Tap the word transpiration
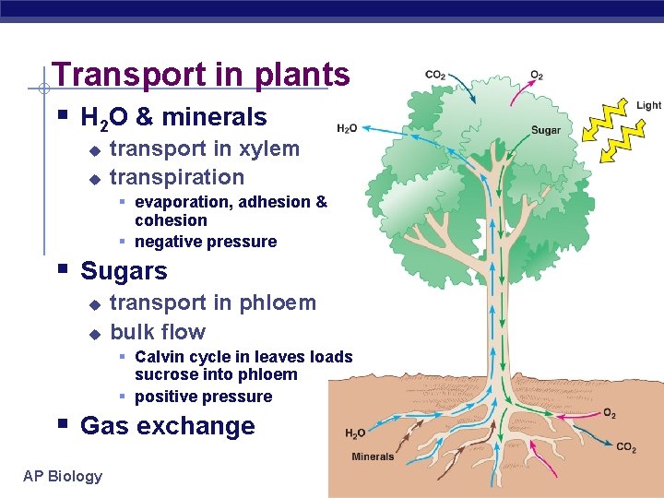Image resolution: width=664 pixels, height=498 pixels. pyautogui.click(x=177, y=177)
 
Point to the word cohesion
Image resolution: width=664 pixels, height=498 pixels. pyautogui.click(x=171, y=220)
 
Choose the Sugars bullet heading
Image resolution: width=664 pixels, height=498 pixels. pyautogui.click(x=124, y=271)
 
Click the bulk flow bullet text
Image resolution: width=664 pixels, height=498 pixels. pyautogui.click(x=158, y=332)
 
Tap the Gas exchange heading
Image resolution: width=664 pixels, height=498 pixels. pyautogui.click(x=167, y=426)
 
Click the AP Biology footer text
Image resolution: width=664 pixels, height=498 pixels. pyautogui.click(x=63, y=476)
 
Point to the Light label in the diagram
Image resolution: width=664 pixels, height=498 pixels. pyautogui.click(x=648, y=105)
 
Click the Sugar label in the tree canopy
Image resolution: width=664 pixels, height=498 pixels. pyautogui.click(x=546, y=130)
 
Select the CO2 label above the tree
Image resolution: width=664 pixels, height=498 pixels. pyautogui.click(x=435, y=75)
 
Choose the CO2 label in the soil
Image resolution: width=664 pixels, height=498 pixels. pyautogui.click(x=626, y=447)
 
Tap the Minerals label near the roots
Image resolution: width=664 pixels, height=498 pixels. pyautogui.click(x=373, y=456)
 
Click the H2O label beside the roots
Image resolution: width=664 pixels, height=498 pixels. pyautogui.click(x=356, y=433)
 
